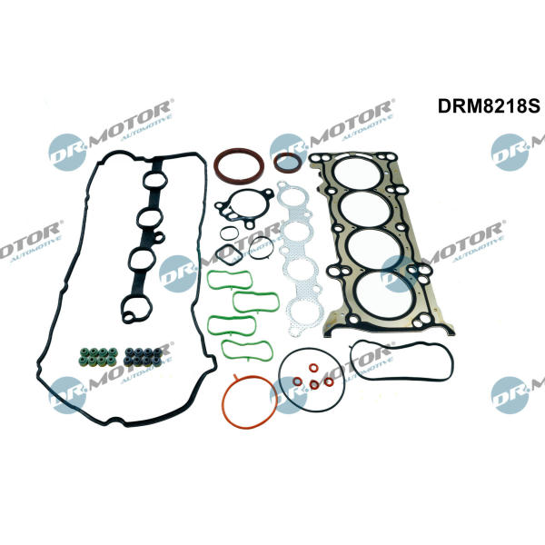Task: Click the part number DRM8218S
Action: tap(489, 105)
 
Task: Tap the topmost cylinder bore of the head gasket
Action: tap(358, 173)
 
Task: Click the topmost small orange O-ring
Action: tap(313, 368)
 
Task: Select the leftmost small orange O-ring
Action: tap(297, 381)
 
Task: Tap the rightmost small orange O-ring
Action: tap(329, 382)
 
